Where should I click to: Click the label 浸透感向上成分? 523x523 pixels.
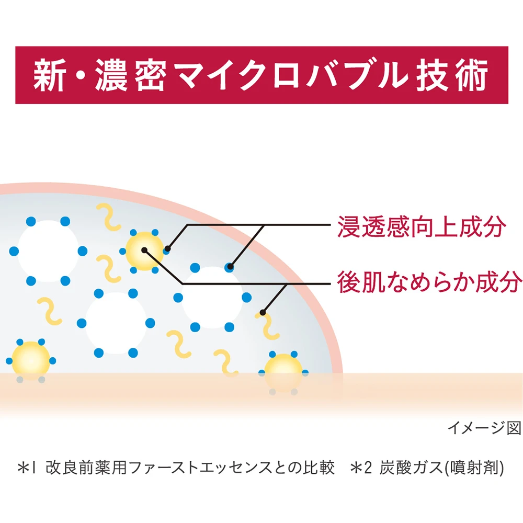pos(423,228)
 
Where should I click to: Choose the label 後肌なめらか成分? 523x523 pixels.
pos(429,282)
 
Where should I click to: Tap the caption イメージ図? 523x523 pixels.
pos(484,428)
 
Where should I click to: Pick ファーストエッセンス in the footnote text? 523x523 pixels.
pos(207,467)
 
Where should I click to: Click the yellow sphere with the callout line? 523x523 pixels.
pos(144,251)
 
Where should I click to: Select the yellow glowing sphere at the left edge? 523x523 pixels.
pos(31,359)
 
